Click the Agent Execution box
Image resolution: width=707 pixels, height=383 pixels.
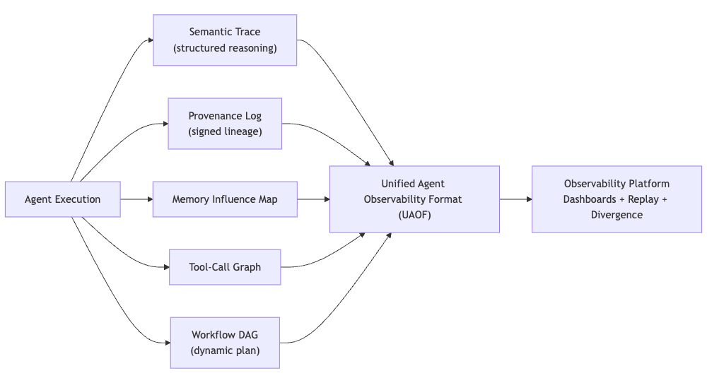62,199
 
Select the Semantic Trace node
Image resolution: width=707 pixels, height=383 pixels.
225,40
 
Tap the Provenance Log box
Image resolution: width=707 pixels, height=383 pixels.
225,124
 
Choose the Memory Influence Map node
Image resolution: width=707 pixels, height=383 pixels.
225,199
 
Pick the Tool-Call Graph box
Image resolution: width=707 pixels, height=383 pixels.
225,267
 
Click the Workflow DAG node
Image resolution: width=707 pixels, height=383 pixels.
225,343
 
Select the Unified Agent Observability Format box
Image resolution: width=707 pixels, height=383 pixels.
414,199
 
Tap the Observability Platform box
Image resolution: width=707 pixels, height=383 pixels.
617,199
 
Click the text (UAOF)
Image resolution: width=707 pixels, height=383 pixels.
414,215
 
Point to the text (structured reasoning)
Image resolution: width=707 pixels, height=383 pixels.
225,48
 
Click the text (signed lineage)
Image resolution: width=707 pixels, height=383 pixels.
225,131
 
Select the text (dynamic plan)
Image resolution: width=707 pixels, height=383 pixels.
225,350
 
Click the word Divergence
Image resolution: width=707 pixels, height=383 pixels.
617,215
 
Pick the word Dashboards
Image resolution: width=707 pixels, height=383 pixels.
589,199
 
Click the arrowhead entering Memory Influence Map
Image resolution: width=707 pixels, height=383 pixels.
149,199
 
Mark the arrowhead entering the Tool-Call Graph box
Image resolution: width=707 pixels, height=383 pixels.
165,267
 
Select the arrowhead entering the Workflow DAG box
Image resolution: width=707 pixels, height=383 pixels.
167,343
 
